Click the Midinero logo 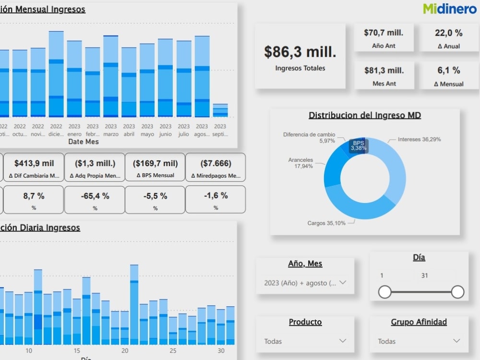point(450,8)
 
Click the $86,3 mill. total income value point(300,52)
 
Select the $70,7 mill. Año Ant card point(384,38)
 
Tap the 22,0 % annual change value point(448,33)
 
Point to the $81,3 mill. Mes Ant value point(384,71)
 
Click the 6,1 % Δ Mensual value point(448,71)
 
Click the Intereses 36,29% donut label point(419,139)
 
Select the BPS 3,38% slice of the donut point(357,145)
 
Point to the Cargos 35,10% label point(326,223)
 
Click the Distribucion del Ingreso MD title point(364,115)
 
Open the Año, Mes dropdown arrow point(343,282)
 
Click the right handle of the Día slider point(457,291)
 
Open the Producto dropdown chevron point(343,341)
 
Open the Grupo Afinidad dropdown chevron point(456,341)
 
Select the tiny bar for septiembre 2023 point(220,110)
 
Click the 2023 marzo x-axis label point(111,130)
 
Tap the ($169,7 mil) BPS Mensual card point(155,167)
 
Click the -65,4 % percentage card point(95,200)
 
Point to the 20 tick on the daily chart point(125,351)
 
